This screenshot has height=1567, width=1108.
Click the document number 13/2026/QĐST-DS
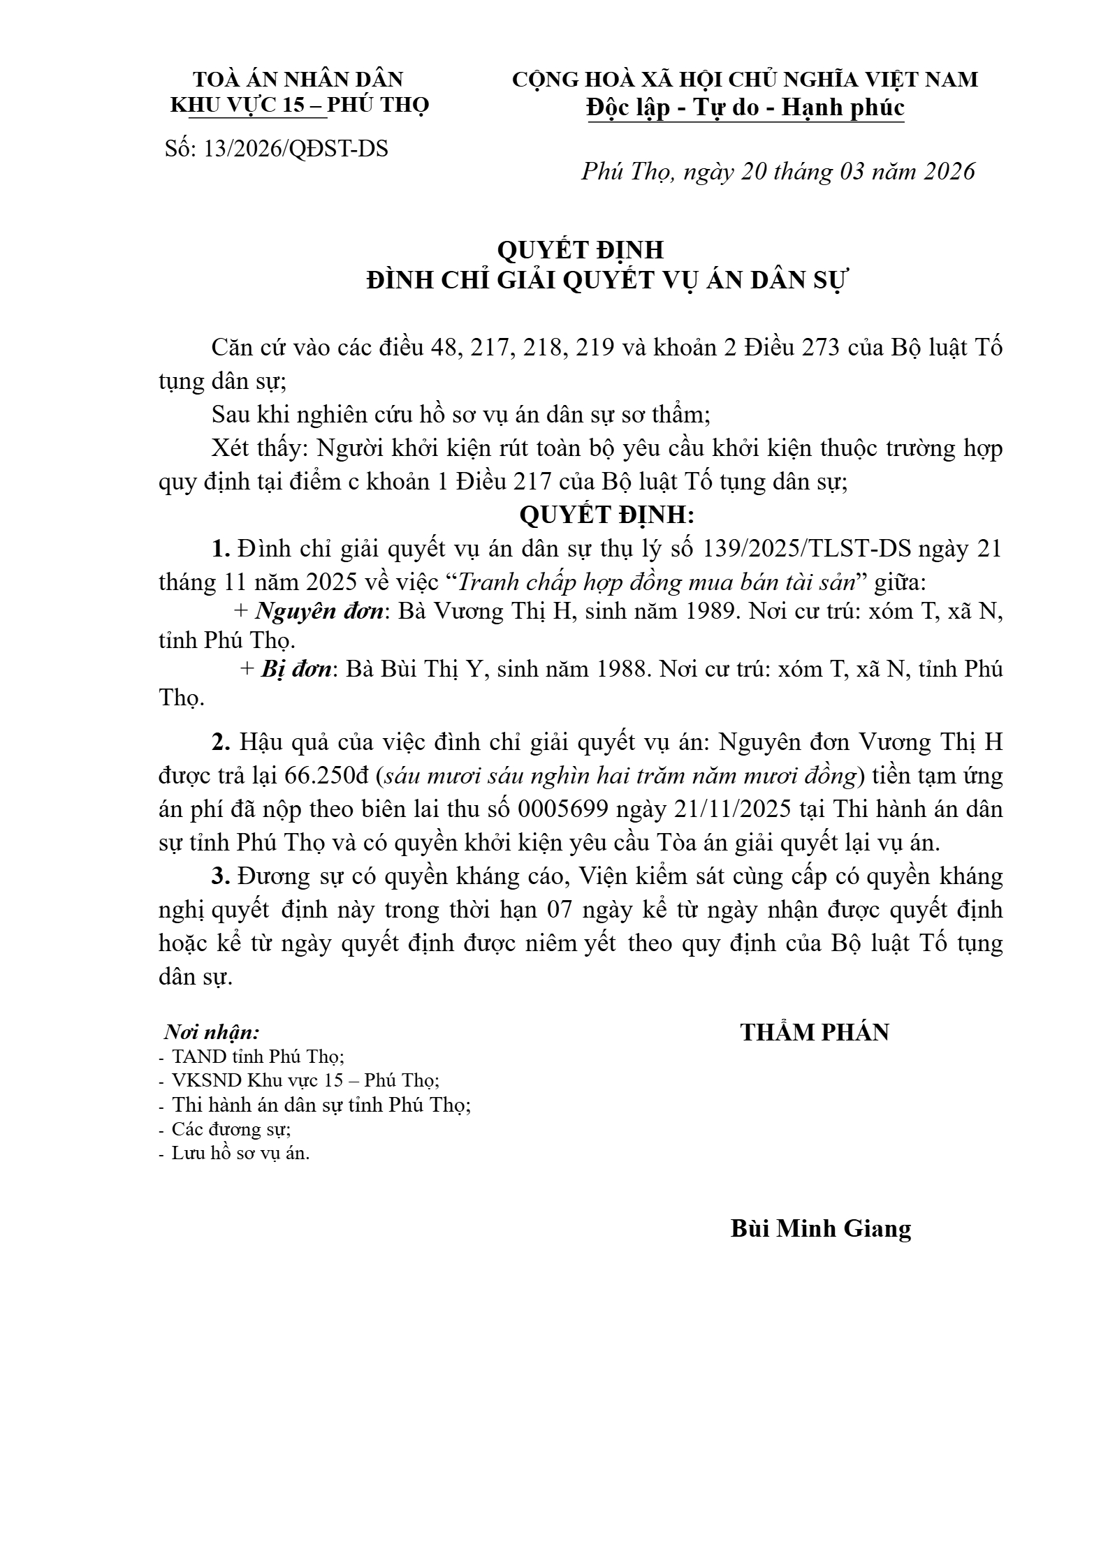[296, 149]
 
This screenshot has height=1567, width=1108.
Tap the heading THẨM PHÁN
[815, 1032]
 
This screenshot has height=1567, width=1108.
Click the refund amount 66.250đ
[330, 775]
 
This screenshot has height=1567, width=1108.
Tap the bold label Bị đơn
[296, 669]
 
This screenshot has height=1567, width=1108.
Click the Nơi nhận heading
[212, 1032]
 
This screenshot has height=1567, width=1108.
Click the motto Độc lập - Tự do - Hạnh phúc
[745, 108]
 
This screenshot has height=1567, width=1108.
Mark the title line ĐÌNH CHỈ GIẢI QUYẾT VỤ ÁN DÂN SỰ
[606, 281]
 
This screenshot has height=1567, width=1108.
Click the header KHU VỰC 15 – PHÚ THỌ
[300, 105]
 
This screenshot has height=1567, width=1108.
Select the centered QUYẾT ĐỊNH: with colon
[606, 515]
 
